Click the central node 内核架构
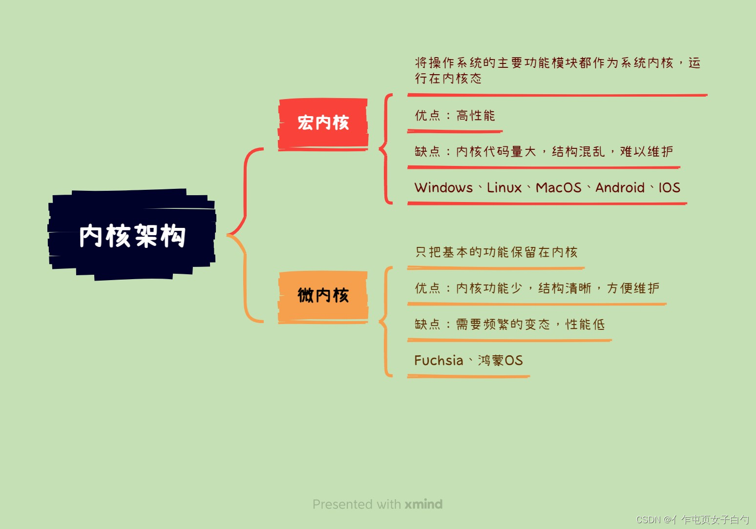tap(132, 236)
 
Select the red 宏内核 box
tap(323, 122)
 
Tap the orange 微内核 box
tap(323, 295)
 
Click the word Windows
tap(443, 188)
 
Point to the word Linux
tap(504, 188)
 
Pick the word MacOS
tap(558, 188)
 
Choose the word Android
tap(620, 188)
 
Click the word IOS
tap(669, 188)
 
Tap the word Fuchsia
tap(439, 361)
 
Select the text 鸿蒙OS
tap(500, 361)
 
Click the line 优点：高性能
tap(455, 116)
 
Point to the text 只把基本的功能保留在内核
tap(496, 252)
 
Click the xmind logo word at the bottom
tap(423, 504)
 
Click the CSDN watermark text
tap(692, 520)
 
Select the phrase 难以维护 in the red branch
tap(646, 152)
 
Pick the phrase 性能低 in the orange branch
tap(585, 325)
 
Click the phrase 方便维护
tap(633, 288)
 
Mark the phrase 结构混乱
tap(578, 152)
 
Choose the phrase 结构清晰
tap(565, 288)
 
